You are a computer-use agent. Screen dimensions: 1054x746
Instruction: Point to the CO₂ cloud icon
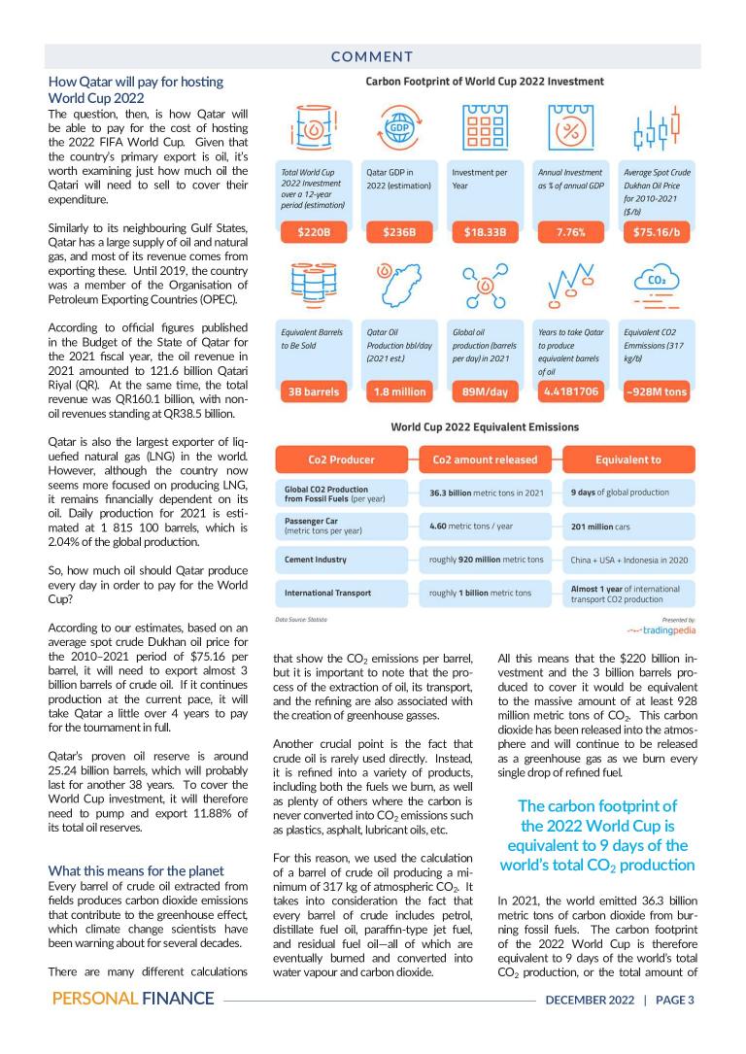655,288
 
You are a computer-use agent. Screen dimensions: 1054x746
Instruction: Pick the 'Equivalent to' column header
628,459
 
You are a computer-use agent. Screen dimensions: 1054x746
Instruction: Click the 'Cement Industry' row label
315,560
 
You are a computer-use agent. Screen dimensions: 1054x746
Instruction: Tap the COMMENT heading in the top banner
373,57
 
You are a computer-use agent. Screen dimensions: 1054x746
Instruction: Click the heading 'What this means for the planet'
136,870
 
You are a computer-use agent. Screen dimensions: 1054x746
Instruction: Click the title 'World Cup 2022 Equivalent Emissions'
485,426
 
